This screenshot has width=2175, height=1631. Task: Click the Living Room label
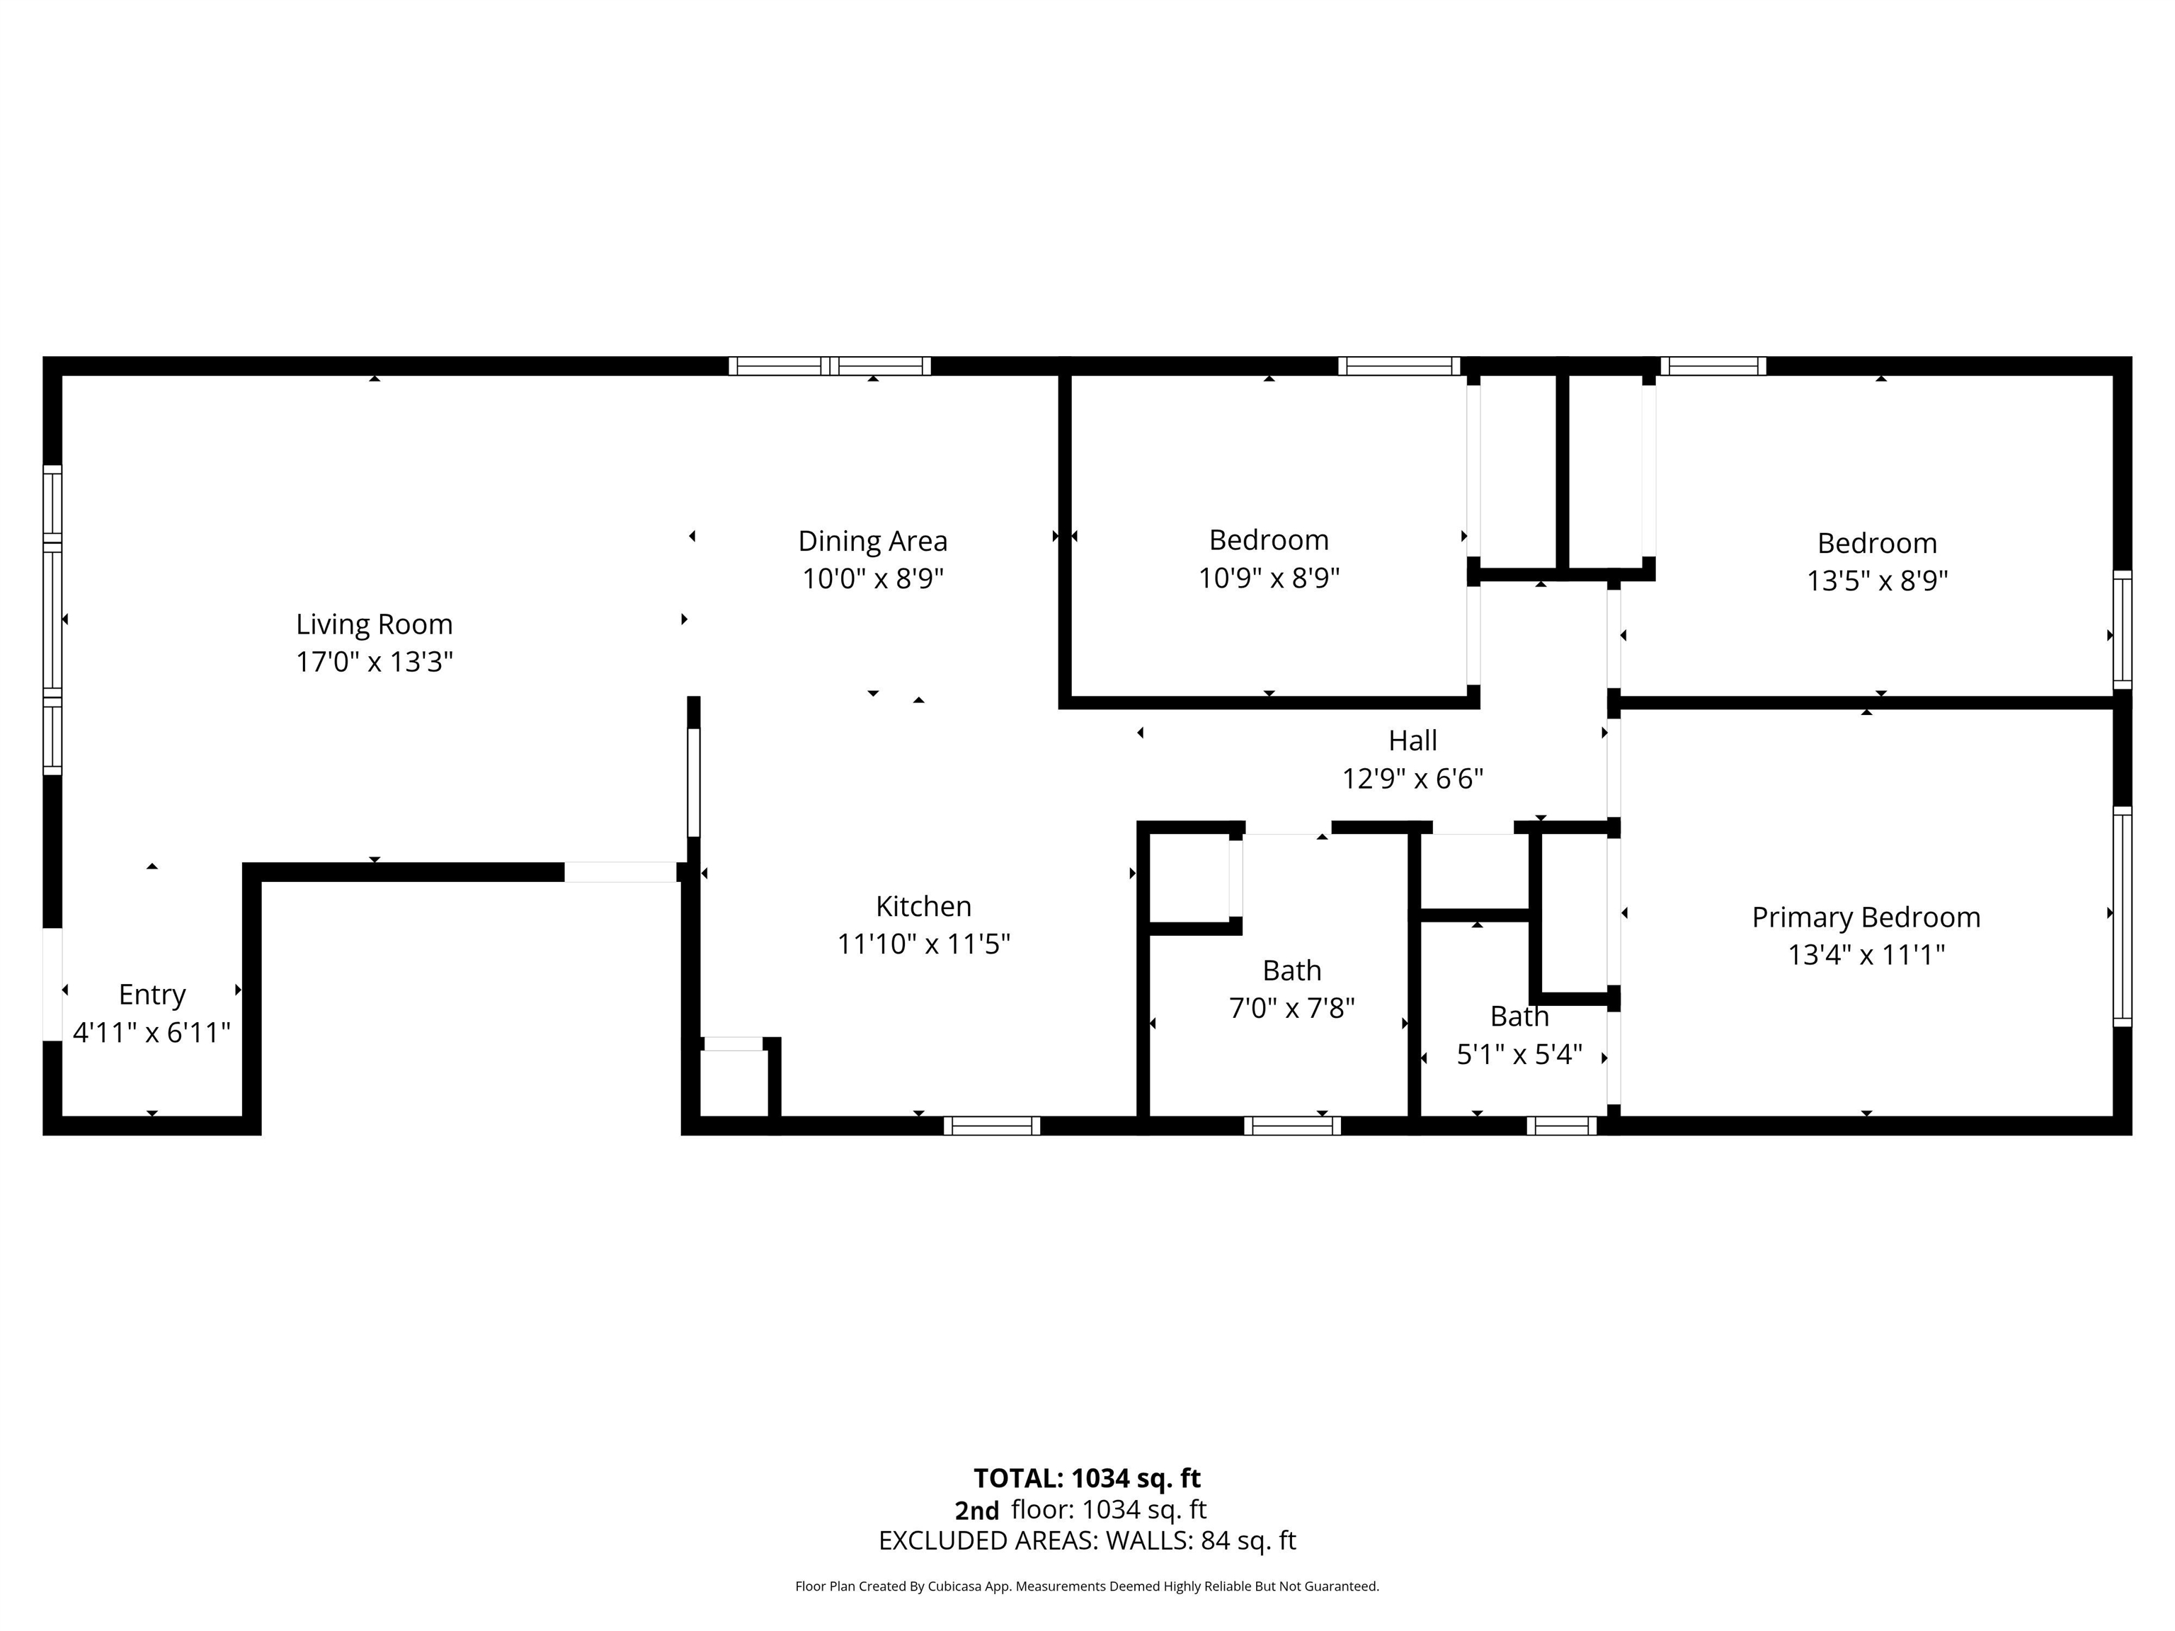click(x=374, y=624)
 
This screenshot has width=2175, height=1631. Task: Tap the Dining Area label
click(x=872, y=541)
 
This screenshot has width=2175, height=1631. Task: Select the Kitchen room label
click(x=923, y=905)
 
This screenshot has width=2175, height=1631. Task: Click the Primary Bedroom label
click(x=1866, y=917)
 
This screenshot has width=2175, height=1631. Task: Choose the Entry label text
click(x=152, y=995)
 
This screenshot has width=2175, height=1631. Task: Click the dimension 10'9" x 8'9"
click(x=1269, y=578)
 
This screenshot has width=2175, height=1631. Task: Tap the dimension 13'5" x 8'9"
click(x=1877, y=581)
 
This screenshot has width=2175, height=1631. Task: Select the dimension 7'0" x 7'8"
click(x=1292, y=1009)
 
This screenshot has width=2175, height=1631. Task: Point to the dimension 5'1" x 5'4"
click(x=1519, y=1055)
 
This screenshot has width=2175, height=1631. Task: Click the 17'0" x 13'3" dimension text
click(x=374, y=662)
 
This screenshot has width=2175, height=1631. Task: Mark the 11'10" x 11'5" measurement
click(x=923, y=944)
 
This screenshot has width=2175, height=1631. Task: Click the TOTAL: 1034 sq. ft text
click(x=1087, y=1479)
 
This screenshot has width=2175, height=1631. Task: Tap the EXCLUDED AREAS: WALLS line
click(x=1087, y=1540)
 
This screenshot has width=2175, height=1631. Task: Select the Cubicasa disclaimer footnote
click(x=1087, y=1586)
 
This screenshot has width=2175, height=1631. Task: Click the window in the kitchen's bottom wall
click(x=992, y=1126)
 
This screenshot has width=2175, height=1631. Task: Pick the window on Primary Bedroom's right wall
click(x=2122, y=916)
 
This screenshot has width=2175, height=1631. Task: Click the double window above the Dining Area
click(x=830, y=366)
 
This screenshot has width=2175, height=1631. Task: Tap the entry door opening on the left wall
click(x=52, y=983)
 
